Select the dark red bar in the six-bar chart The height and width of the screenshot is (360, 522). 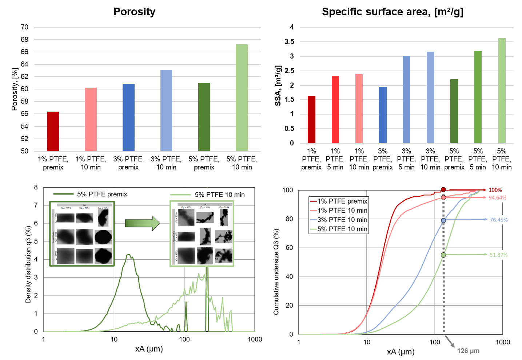point(53,131)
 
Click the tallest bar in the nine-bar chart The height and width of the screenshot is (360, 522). point(502,91)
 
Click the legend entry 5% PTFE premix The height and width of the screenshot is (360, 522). point(102,194)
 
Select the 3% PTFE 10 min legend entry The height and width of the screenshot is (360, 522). point(342,220)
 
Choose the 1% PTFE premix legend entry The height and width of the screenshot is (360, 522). point(342,201)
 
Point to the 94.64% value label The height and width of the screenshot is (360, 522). point(497,198)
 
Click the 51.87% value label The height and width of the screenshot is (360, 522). point(498,255)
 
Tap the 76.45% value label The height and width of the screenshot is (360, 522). point(499,220)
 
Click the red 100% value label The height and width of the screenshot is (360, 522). point(495,190)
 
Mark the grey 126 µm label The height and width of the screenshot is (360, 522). point(468,351)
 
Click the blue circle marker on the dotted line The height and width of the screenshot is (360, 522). point(443,220)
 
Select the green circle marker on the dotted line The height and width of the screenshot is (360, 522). point(443,255)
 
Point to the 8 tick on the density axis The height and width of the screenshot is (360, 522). point(36,188)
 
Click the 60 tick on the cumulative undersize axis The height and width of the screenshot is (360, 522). point(289,248)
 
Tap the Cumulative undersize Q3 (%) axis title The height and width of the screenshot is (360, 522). point(276,272)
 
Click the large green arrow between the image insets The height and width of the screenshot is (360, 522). point(142,223)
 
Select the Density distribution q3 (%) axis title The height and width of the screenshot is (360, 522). point(28,264)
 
